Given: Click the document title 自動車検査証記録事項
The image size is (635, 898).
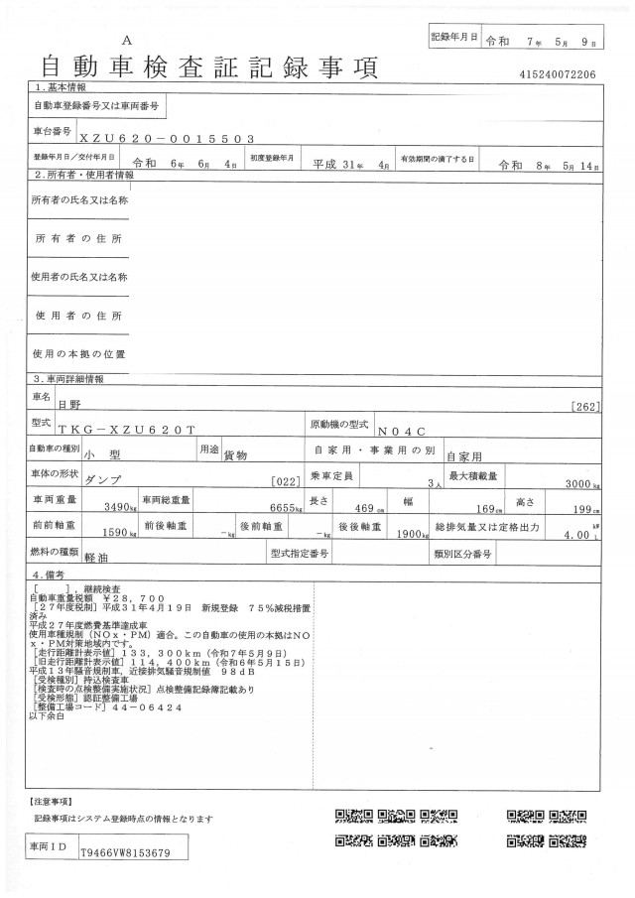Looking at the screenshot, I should (209, 67).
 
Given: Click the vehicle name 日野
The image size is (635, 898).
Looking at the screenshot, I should (69, 405).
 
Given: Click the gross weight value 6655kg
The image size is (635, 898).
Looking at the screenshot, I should (279, 508).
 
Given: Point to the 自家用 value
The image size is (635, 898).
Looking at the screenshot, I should (464, 457).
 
